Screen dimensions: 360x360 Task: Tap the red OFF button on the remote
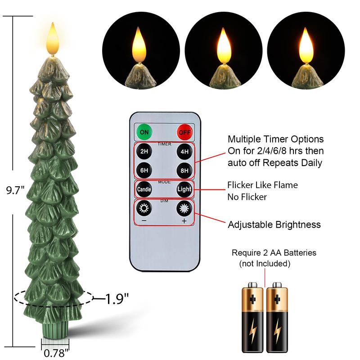pyautogui.click(x=184, y=132)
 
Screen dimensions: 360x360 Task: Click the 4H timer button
pyautogui.click(x=184, y=152)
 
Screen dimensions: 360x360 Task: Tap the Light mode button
pyautogui.click(x=184, y=189)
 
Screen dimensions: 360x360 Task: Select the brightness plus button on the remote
pyautogui.click(x=184, y=209)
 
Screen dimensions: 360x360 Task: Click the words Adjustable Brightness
pyautogui.click(x=274, y=225)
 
